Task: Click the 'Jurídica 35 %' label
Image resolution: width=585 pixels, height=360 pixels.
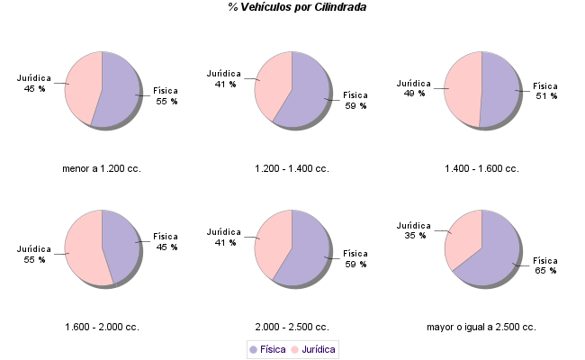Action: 415,229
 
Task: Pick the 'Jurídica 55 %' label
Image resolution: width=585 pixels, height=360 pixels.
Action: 35,254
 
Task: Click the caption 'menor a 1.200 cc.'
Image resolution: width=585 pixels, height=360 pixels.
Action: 102,168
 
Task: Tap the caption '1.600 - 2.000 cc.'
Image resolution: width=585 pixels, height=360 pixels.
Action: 102,327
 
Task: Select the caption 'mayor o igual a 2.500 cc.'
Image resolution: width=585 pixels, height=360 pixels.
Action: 481,327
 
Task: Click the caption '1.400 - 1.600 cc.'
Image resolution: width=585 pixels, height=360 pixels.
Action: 481,168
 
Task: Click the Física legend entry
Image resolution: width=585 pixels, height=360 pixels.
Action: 267,348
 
